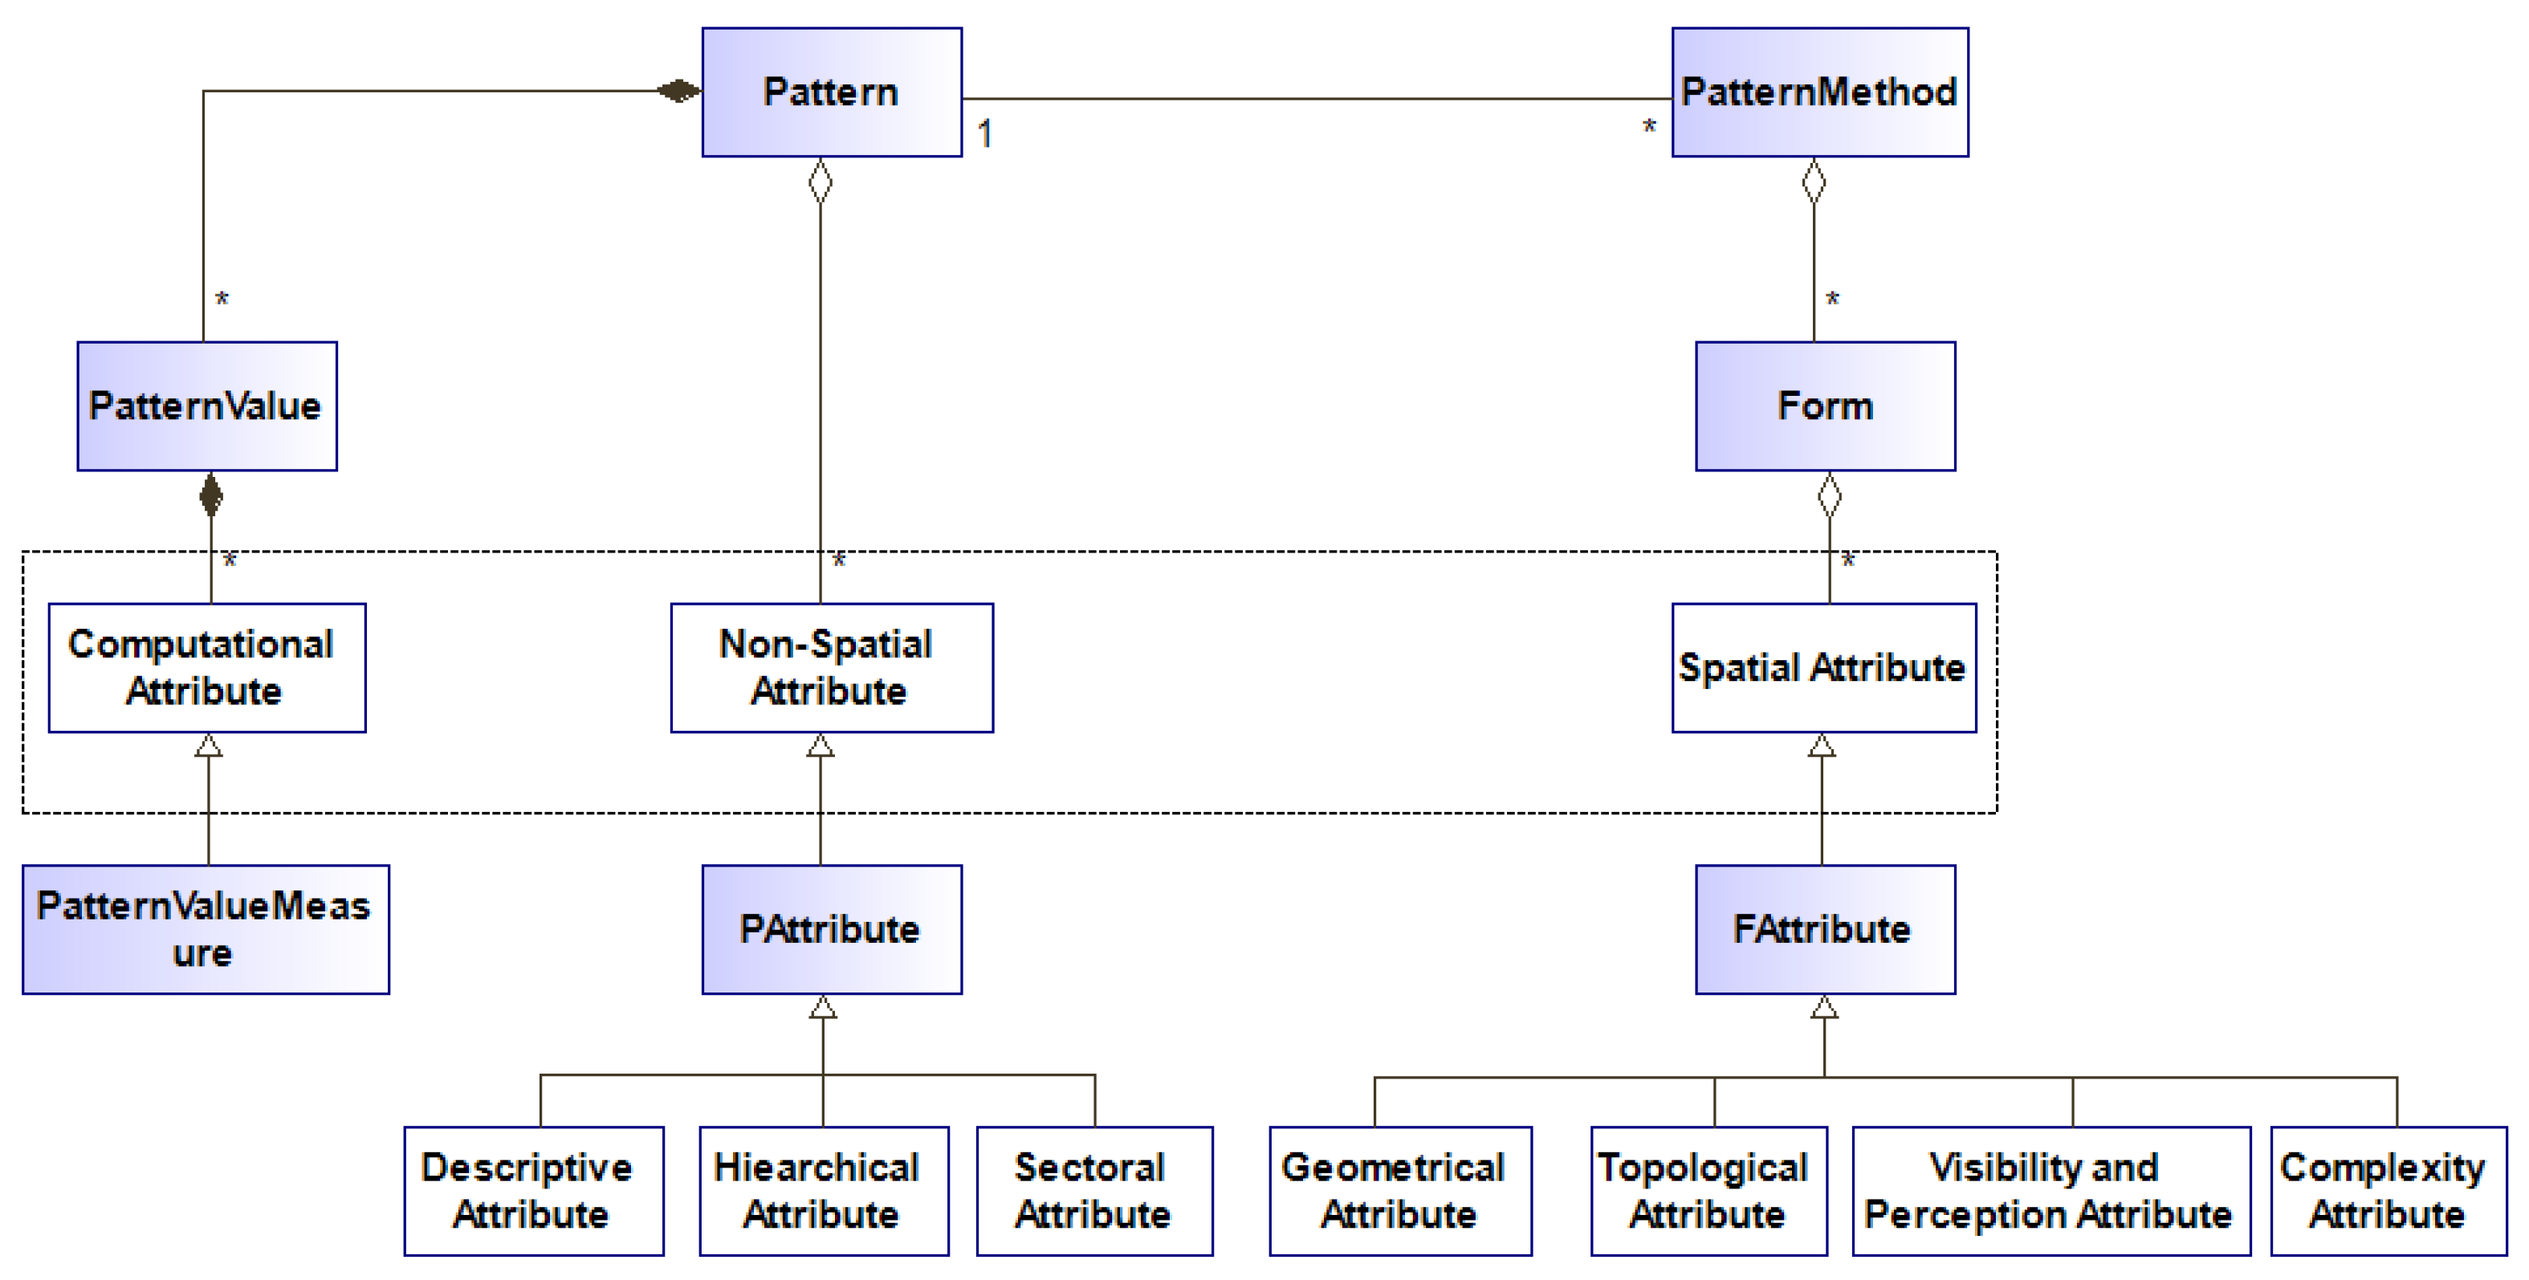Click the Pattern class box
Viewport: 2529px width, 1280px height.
tap(832, 92)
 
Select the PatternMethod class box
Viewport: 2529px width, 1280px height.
tap(1819, 92)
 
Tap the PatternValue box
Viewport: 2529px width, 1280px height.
tap(207, 406)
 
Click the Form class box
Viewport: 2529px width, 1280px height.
tap(1825, 406)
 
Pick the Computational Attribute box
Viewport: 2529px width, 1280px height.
tap(207, 667)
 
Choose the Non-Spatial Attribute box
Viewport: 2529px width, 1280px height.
tap(832, 667)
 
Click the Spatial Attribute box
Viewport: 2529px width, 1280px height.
tap(1823, 667)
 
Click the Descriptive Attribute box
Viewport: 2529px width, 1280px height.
tap(533, 1191)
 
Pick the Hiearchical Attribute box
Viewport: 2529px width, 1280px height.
tap(824, 1191)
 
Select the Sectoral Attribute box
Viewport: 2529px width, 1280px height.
tap(1093, 1191)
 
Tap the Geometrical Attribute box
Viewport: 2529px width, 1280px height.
tap(1400, 1191)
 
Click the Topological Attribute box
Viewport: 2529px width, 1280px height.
tap(1708, 1191)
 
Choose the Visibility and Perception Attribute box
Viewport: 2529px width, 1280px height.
tap(2050, 1191)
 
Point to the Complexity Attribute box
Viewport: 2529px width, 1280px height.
tap(2388, 1191)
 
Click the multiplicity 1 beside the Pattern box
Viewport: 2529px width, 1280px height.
tap(984, 133)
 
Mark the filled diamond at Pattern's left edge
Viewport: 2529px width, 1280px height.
tap(678, 92)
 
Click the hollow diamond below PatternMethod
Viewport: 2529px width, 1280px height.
tap(1814, 181)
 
